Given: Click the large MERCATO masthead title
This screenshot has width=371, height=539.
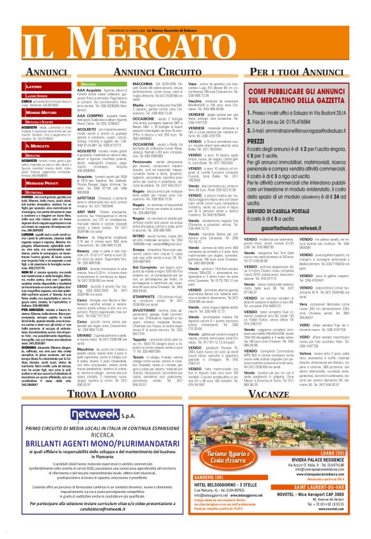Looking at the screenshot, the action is click(185, 39).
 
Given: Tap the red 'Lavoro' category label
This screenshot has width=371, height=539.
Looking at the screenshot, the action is click(34, 85).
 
